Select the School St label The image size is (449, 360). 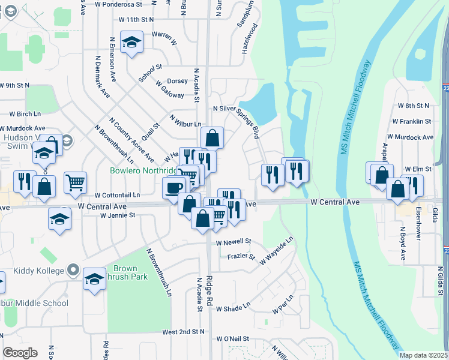coord(150,73)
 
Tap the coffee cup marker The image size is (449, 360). coord(173,188)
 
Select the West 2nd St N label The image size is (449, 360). coord(183,331)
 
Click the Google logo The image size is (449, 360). coord(20,353)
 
